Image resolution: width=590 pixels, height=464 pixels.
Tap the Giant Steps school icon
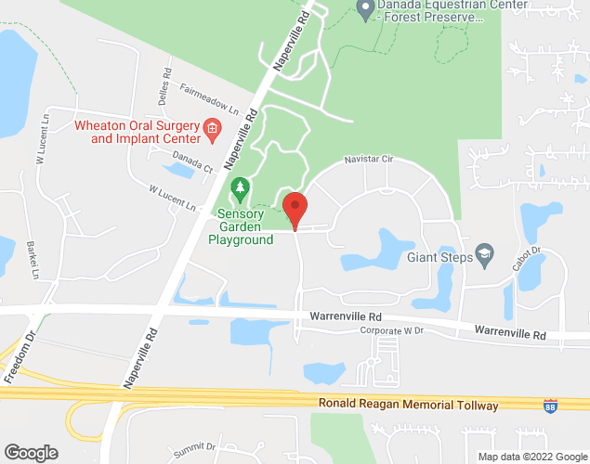pyautogui.click(x=483, y=253)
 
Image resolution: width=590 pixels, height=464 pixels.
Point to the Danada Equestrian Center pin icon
pyautogui.click(x=364, y=10)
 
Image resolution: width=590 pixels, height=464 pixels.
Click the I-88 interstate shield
pyautogui.click(x=551, y=406)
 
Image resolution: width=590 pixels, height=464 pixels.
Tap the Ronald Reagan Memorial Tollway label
pyautogui.click(x=408, y=406)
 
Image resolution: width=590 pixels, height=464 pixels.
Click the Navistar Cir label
pyautogui.click(x=370, y=160)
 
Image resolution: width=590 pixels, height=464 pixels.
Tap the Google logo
pyautogui.click(x=30, y=453)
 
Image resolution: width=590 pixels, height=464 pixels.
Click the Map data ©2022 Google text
pyautogui.click(x=532, y=457)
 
